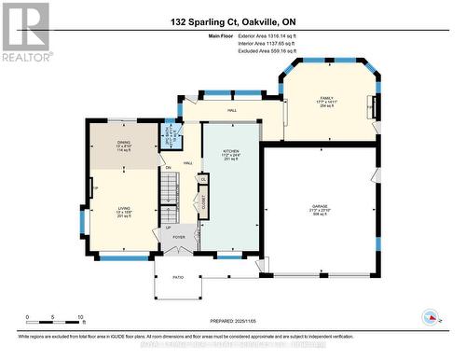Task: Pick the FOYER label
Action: (178, 237)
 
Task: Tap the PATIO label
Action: (178, 277)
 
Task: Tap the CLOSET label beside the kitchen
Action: (198, 201)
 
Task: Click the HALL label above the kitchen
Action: (232, 110)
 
